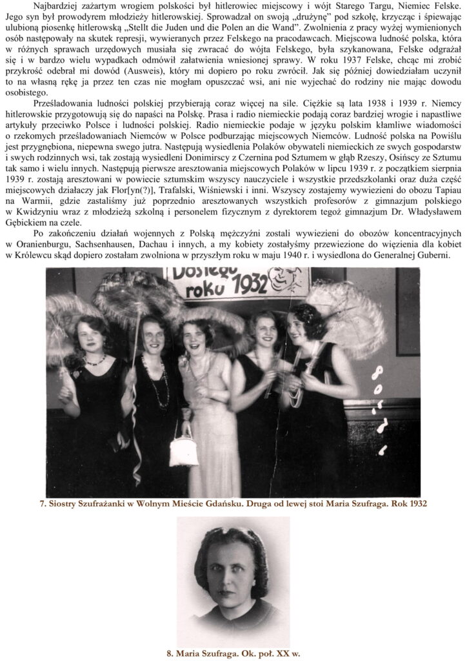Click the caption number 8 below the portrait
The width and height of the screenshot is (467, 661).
click(x=169, y=653)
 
